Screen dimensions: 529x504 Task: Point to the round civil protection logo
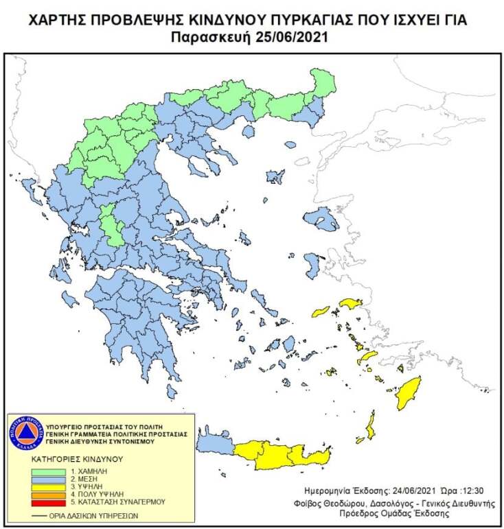tap(25, 433)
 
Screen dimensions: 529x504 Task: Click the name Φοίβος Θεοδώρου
tap(336, 503)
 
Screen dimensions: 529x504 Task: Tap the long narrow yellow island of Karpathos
tap(371, 426)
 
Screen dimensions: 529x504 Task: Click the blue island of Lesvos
tap(321, 220)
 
